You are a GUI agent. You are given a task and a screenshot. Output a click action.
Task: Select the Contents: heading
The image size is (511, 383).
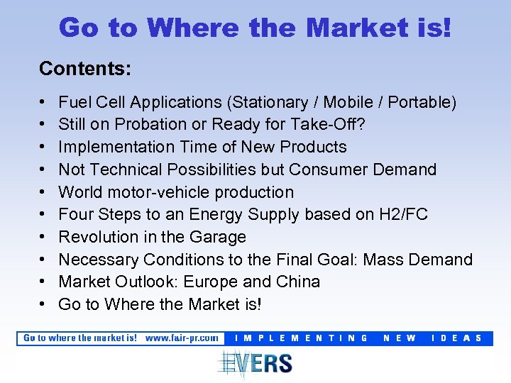tap(84, 69)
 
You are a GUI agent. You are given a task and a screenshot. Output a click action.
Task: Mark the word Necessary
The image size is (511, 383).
tap(98, 260)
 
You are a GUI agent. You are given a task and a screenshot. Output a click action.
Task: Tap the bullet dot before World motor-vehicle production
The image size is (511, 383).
tap(43, 192)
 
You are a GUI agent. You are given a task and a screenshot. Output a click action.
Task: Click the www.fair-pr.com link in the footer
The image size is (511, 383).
tap(182, 338)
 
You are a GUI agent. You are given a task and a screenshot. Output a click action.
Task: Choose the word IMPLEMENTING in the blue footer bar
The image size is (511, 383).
tap(302, 338)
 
